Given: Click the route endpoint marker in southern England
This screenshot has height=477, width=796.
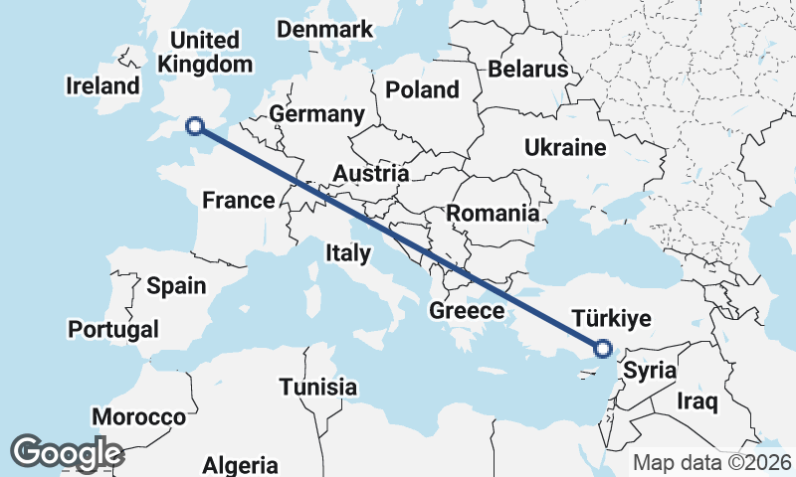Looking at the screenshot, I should [195, 125].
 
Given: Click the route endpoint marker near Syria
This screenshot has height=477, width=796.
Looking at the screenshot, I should [602, 348].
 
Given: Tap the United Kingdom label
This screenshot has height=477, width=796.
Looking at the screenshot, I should [206, 53].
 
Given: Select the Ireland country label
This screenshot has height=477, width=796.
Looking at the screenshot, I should [102, 85].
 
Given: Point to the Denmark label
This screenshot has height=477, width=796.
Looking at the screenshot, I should [324, 30].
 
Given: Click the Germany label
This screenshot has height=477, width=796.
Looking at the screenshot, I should [316, 114].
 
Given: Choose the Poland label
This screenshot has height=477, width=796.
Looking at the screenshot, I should [422, 90].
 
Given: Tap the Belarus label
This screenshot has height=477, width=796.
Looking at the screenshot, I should [527, 70].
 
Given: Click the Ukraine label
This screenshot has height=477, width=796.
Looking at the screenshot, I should [565, 148].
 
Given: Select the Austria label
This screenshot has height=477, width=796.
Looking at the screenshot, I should [370, 174].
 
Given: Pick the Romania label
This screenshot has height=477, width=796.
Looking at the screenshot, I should [493, 213].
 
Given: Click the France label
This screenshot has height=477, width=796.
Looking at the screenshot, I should [238, 201].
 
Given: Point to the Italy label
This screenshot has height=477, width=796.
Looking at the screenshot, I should [347, 253].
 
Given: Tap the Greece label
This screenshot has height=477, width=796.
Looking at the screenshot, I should [467, 311].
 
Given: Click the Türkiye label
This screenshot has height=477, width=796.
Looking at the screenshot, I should [612, 319].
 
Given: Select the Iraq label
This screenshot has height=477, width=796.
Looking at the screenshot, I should [696, 401].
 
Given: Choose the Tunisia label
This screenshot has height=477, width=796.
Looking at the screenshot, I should [317, 386].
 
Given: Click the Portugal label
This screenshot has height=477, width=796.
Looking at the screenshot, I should [113, 329].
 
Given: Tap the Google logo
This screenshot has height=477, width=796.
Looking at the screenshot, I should [67, 453].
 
